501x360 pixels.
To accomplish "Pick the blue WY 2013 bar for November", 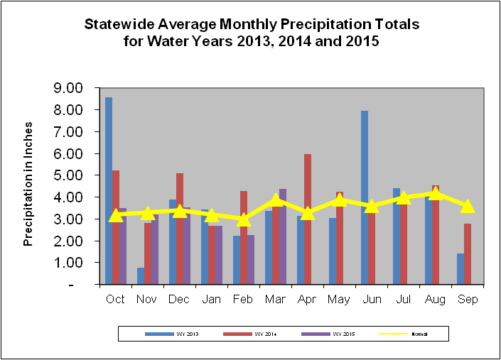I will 141,276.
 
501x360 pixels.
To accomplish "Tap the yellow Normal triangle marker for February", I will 244,219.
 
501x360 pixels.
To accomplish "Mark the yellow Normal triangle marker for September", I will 468,206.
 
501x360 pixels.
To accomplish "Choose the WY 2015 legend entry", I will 325,333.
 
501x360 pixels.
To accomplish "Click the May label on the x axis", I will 340,299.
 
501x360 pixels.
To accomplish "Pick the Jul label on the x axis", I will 404,299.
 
